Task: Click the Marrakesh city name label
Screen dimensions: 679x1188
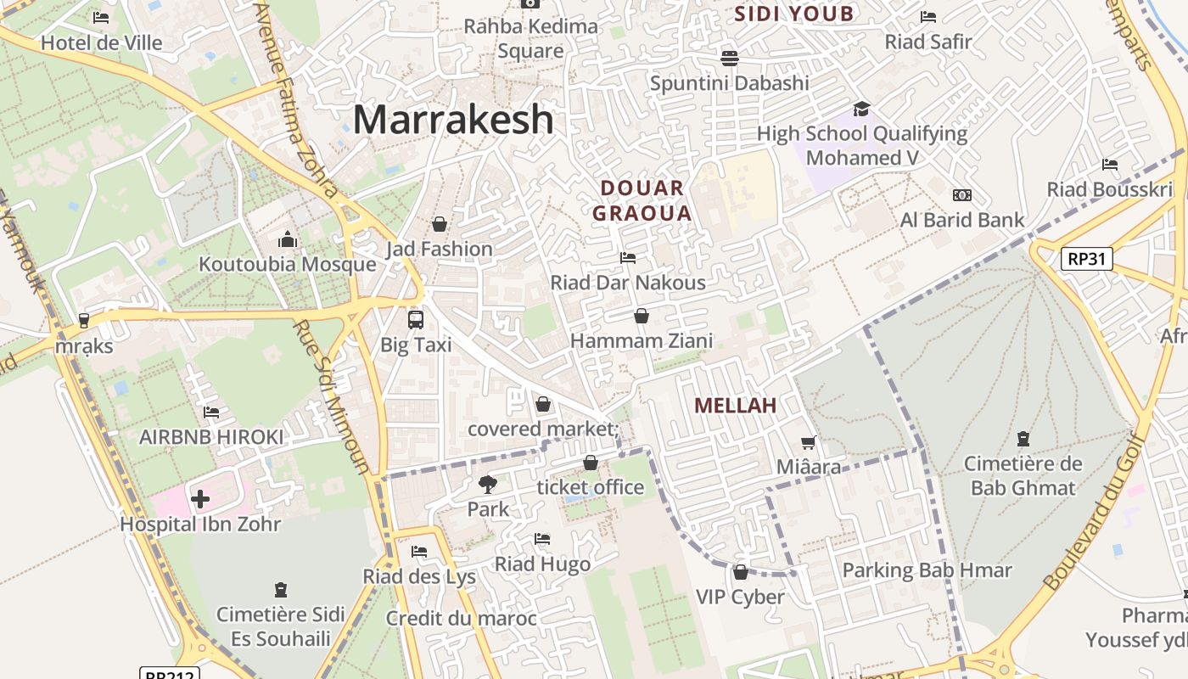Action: pos(453,120)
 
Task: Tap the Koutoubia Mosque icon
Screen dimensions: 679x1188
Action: pos(288,240)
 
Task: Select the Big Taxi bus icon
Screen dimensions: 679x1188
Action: pos(416,320)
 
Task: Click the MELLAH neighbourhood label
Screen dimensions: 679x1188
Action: pos(735,406)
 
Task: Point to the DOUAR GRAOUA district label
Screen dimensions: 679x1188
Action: pos(642,200)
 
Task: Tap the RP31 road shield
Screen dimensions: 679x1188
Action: pos(1086,259)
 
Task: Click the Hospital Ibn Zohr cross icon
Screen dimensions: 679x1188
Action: pos(200,499)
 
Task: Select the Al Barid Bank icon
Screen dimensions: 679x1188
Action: pos(961,195)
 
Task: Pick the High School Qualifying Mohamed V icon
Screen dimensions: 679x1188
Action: pos(861,109)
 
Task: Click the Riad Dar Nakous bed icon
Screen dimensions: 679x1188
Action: pos(628,258)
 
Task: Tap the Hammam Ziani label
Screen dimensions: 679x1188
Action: pos(642,341)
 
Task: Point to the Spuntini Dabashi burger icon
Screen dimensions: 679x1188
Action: pos(729,58)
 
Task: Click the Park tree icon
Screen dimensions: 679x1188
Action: pos(488,485)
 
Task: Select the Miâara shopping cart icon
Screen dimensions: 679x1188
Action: pos(809,442)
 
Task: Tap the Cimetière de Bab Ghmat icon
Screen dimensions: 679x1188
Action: pos(1023,439)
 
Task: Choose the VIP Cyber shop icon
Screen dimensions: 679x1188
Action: pos(741,572)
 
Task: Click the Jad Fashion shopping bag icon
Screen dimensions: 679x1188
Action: pos(440,224)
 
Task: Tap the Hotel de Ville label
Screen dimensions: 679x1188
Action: pos(102,42)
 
